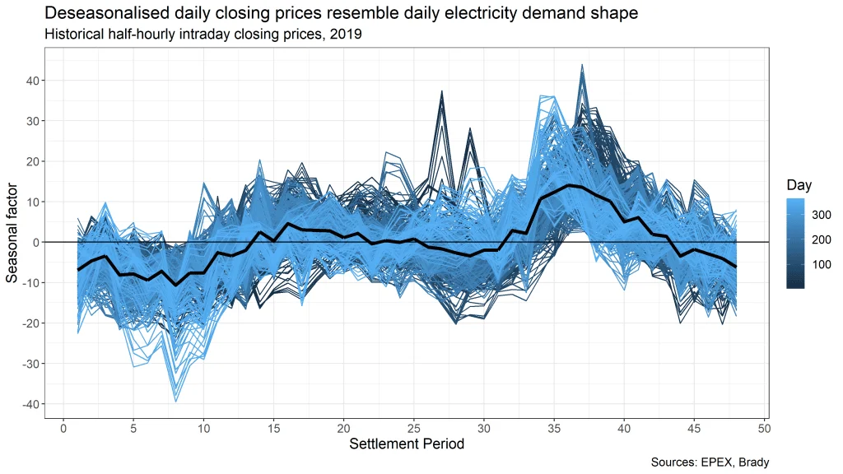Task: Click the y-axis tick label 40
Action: [x=34, y=81]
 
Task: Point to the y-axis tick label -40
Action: [x=31, y=404]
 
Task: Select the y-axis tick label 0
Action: [x=37, y=243]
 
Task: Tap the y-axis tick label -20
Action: [x=31, y=323]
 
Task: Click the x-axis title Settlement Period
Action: [x=406, y=445]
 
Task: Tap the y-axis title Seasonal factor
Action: [x=12, y=243]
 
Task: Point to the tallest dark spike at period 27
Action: [x=441, y=91]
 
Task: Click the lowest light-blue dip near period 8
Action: [x=175, y=401]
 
